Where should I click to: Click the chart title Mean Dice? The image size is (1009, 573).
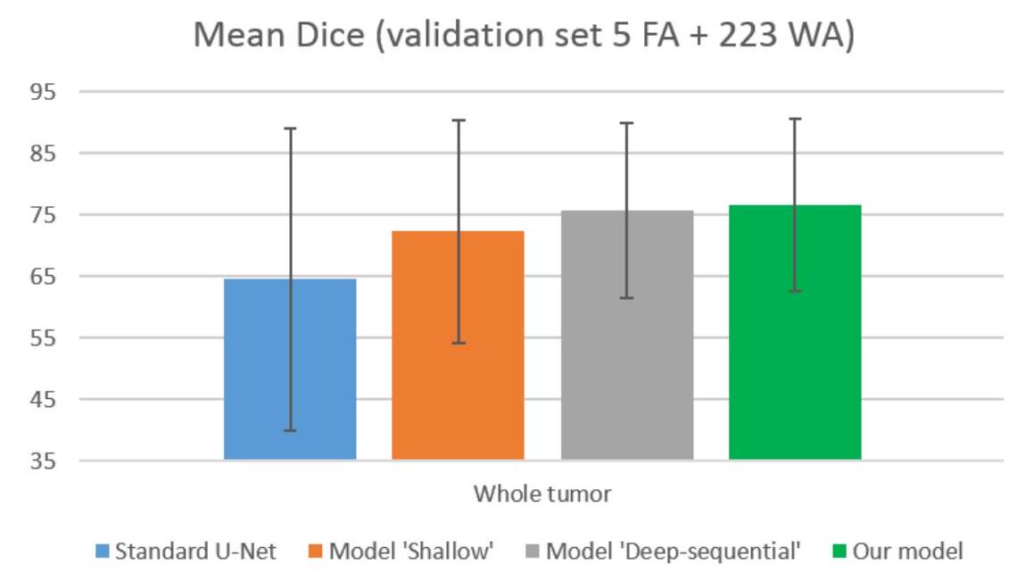point(523,36)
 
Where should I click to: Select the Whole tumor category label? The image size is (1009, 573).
point(542,494)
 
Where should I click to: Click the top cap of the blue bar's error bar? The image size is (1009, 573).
point(290,129)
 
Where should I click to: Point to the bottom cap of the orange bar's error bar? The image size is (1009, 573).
point(459,344)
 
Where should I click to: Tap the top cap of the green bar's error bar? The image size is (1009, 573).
point(796,119)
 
